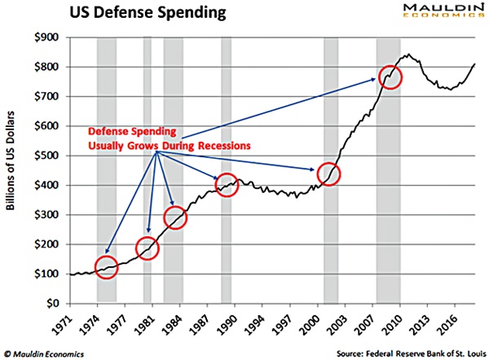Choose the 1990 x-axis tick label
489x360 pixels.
[x=231, y=319]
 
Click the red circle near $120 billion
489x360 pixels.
[x=107, y=266]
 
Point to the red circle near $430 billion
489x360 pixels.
[x=330, y=175]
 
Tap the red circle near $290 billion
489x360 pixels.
[x=176, y=217]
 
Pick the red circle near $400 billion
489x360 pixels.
[x=227, y=185]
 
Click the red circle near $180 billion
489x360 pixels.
[x=148, y=248]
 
